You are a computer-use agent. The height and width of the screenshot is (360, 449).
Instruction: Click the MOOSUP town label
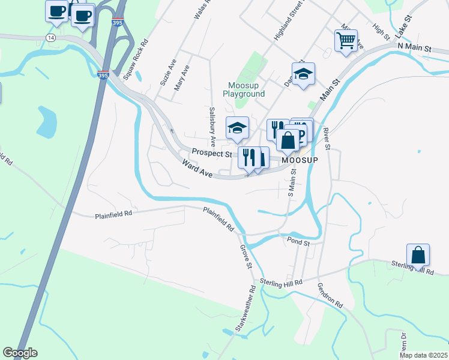tap(299, 161)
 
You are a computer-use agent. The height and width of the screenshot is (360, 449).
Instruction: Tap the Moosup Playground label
tap(243, 89)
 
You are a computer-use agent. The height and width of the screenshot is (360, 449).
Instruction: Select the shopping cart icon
tap(346, 41)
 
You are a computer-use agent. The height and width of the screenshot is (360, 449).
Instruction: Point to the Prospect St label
tap(212, 154)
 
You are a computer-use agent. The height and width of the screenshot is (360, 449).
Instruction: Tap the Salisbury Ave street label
tap(212, 127)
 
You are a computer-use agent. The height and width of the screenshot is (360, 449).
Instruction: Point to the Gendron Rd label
tap(330, 295)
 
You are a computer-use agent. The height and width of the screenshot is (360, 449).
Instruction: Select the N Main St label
tap(414, 47)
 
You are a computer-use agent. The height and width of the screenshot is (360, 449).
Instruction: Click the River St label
tap(327, 138)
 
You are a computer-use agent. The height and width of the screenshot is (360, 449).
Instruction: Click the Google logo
tap(20, 353)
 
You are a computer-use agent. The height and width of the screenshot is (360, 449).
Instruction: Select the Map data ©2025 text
tap(423, 355)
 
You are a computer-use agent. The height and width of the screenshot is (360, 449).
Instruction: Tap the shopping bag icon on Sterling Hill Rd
tap(418, 256)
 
